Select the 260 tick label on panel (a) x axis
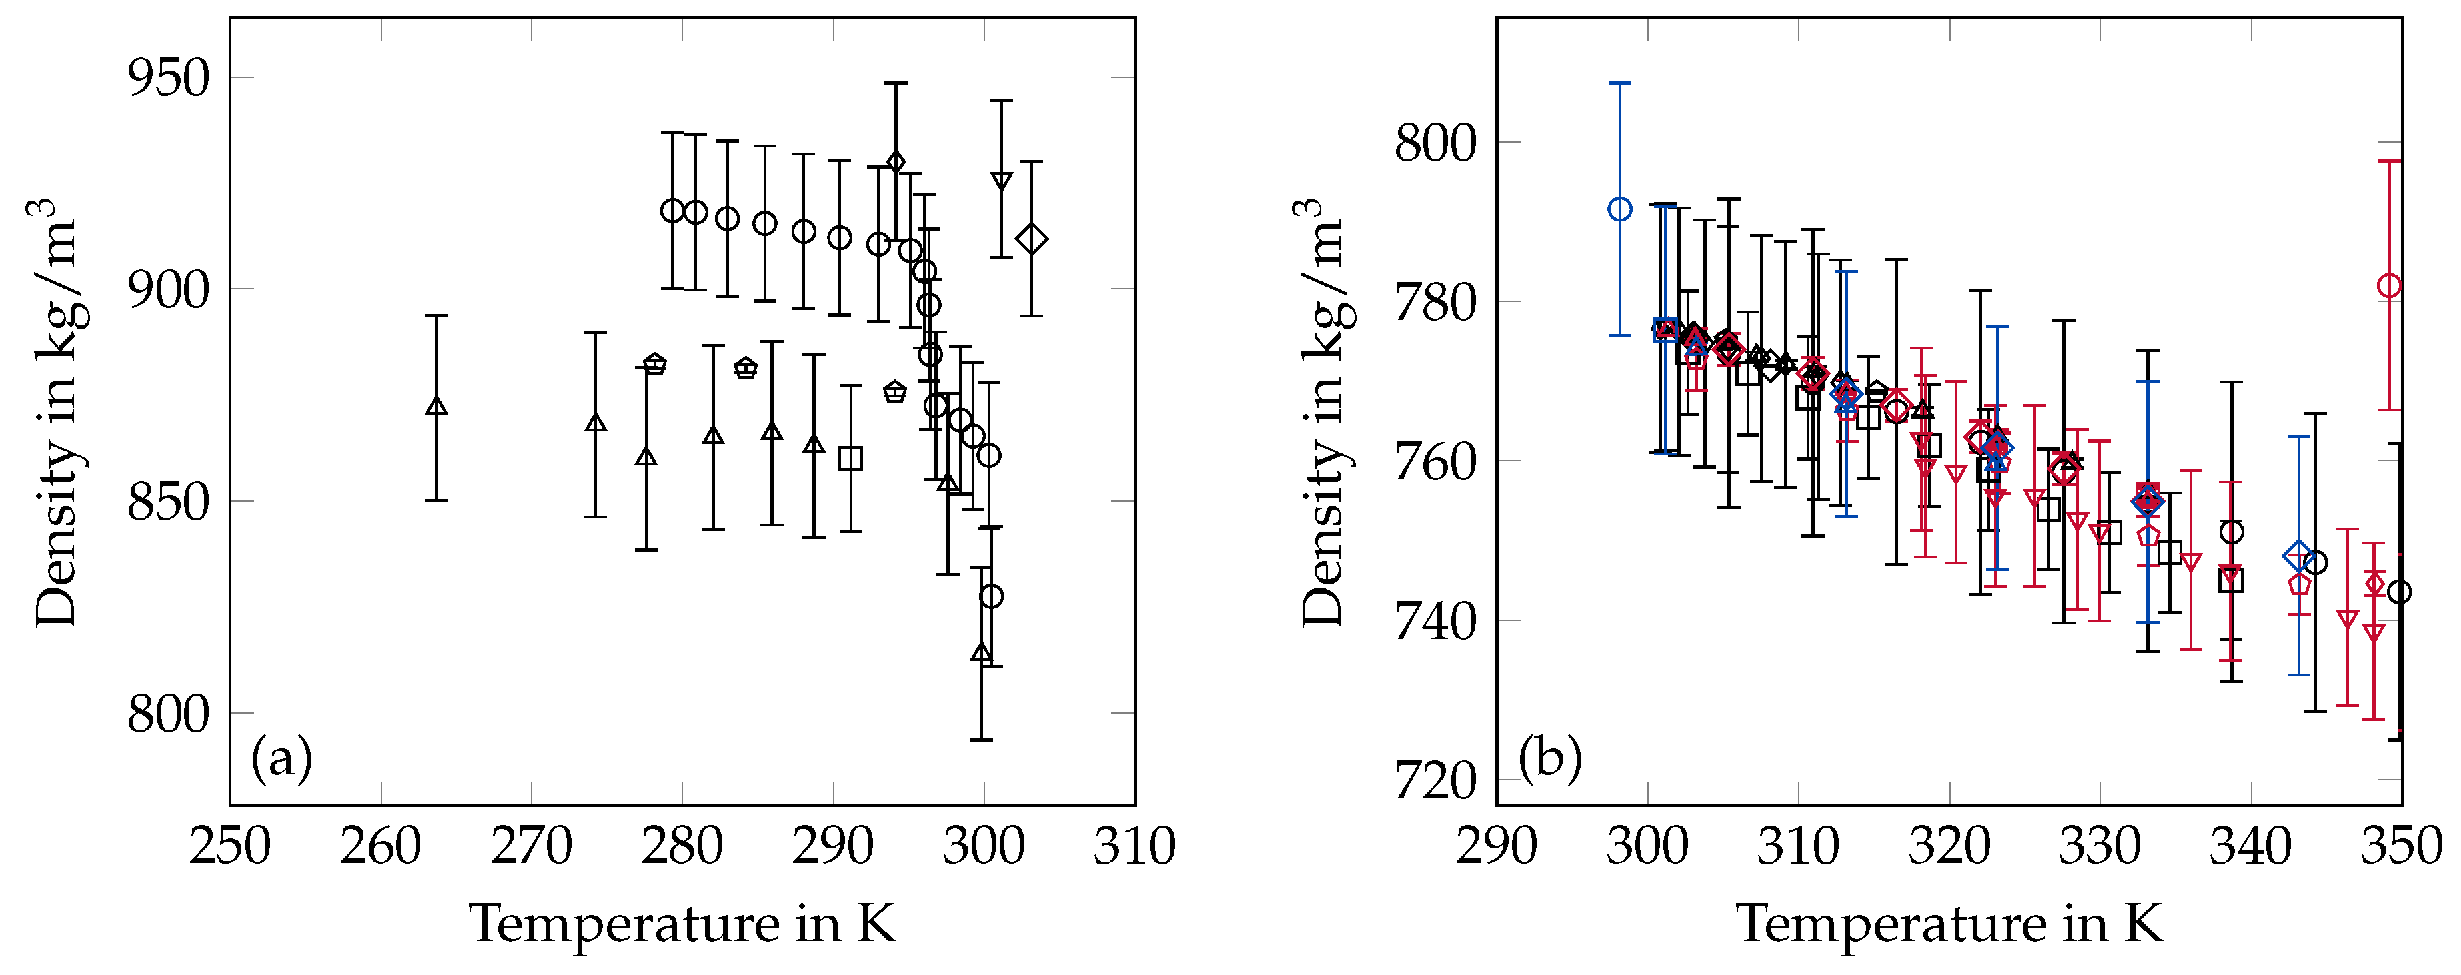(381, 847)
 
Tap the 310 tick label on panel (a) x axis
(1134, 847)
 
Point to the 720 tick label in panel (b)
(1436, 780)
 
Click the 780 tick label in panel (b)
(1436, 302)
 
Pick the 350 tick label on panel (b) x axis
(2402, 847)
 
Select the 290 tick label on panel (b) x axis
(1496, 847)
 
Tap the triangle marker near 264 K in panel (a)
(436, 406)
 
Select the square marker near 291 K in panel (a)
(850, 459)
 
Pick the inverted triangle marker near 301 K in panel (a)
(1001, 181)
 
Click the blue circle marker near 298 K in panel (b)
(1619, 209)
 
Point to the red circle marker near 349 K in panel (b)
(2389, 286)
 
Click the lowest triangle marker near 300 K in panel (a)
(981, 653)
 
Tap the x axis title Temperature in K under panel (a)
(682, 924)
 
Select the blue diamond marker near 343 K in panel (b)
(2298, 556)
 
